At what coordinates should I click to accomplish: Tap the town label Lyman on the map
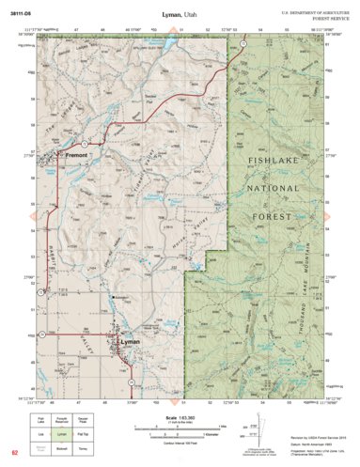(130, 343)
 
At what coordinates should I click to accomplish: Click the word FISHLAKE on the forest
(274, 163)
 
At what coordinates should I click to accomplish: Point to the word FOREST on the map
(275, 215)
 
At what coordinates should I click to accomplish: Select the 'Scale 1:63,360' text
(179, 417)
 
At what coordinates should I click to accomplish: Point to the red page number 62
(14, 456)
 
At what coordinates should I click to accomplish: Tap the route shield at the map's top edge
(243, 44)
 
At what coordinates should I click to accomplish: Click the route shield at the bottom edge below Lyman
(132, 381)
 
